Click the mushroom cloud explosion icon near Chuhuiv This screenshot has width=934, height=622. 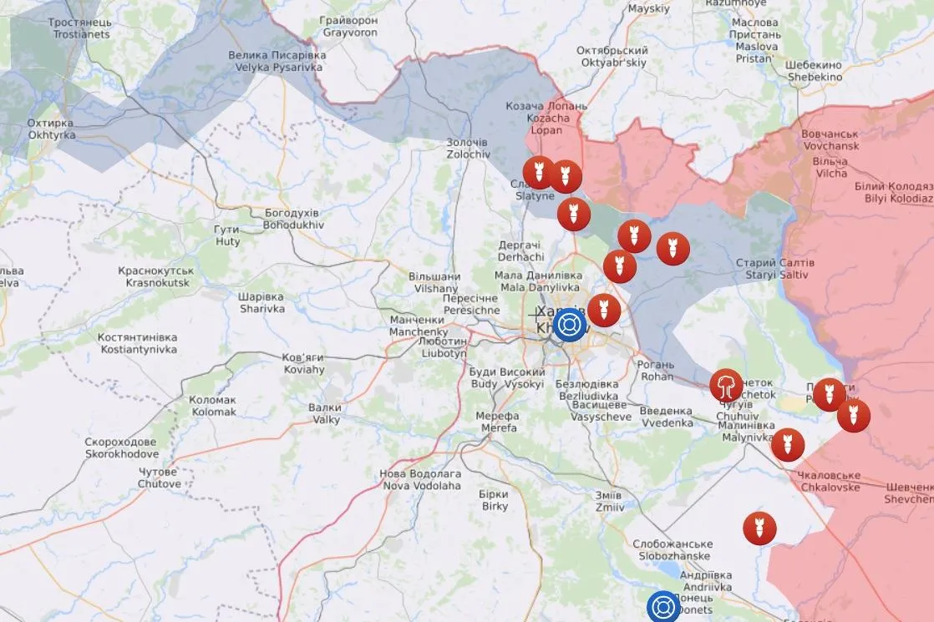click(x=727, y=386)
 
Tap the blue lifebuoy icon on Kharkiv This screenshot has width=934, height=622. click(x=570, y=324)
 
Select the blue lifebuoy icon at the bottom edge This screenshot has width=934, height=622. click(x=663, y=607)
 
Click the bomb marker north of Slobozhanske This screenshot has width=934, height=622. click(x=759, y=528)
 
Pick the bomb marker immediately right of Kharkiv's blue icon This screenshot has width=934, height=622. click(x=603, y=311)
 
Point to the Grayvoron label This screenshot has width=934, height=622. click(x=351, y=27)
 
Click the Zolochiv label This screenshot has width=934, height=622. click(x=467, y=149)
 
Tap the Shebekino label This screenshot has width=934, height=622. click(x=815, y=71)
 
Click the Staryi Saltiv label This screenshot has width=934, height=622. click(x=774, y=269)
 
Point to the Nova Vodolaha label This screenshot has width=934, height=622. click(x=420, y=479)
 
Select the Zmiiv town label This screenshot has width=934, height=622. click(x=609, y=500)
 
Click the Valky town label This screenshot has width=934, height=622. click(x=324, y=413)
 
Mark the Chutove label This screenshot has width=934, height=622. click(x=159, y=478)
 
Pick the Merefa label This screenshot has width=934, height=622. click(x=497, y=422)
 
